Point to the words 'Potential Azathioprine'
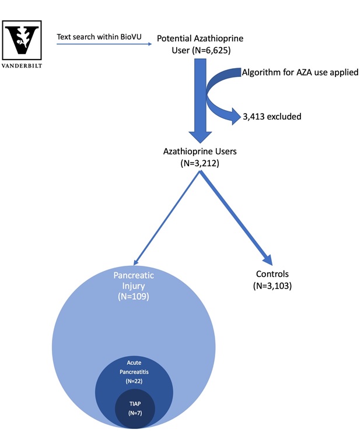(x=200, y=38)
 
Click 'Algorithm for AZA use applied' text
(x=300, y=73)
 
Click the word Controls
(x=272, y=274)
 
